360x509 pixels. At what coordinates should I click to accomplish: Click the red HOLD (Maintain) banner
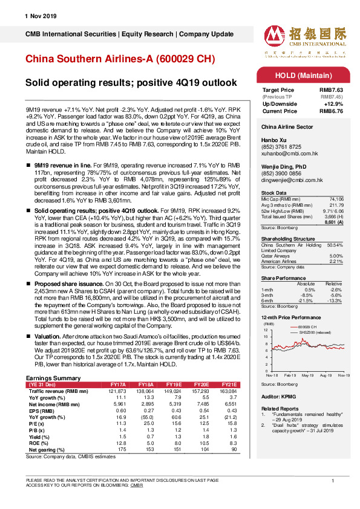[298, 75]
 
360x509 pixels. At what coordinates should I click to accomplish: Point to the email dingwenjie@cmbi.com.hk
[290, 180]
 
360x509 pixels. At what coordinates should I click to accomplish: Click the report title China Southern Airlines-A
[119, 59]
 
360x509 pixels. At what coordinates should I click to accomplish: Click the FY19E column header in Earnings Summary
[173, 384]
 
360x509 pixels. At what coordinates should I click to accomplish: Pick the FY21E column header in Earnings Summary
[231, 384]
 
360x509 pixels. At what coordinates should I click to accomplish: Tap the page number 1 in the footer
[333, 480]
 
